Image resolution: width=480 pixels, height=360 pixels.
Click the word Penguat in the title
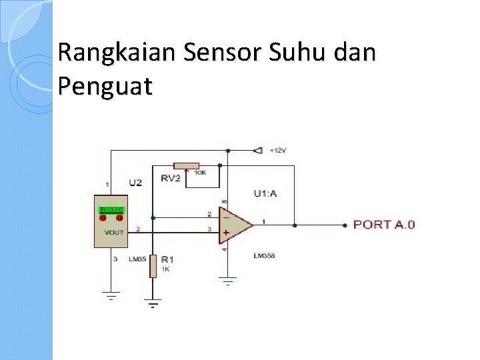click(105, 87)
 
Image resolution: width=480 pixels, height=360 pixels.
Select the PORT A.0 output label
click(383, 225)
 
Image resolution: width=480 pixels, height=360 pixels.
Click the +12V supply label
click(278, 151)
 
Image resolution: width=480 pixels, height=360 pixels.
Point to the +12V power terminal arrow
click(257, 150)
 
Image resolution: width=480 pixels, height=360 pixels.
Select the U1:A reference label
click(265, 194)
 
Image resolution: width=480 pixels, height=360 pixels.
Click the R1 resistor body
click(153, 265)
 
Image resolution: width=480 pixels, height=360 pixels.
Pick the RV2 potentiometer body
click(186, 165)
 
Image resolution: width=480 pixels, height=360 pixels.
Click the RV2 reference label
click(171, 178)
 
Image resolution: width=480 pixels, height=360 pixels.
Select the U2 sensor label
click(135, 183)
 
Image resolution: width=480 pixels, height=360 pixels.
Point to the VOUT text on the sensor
click(113, 233)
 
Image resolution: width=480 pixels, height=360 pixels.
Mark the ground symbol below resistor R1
click(153, 304)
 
